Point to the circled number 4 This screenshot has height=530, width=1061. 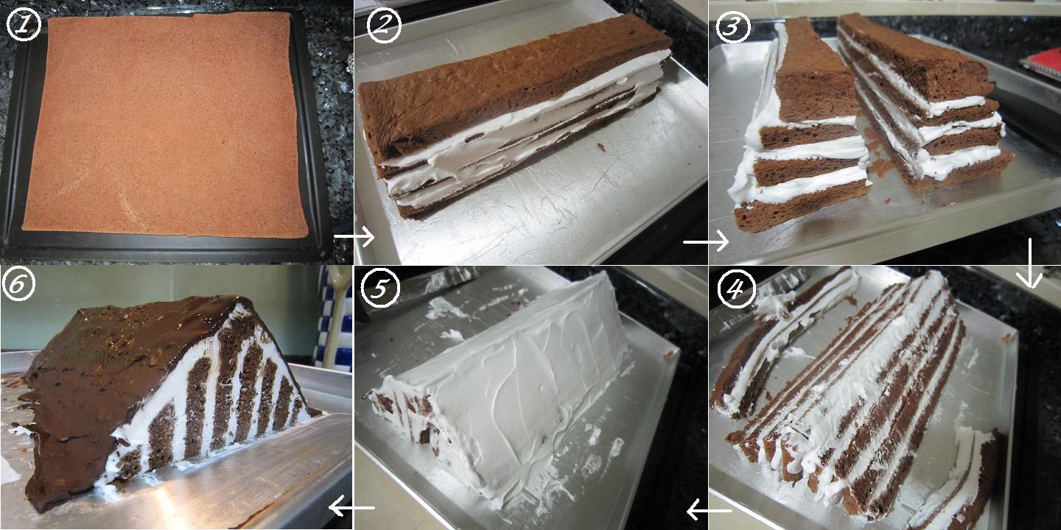[x=738, y=290]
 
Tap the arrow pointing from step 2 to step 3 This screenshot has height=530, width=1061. [x=705, y=241]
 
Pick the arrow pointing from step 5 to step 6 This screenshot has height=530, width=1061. [x=351, y=506]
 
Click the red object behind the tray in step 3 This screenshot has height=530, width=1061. [x=1042, y=62]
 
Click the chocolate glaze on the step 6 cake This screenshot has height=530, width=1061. [x=111, y=368]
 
